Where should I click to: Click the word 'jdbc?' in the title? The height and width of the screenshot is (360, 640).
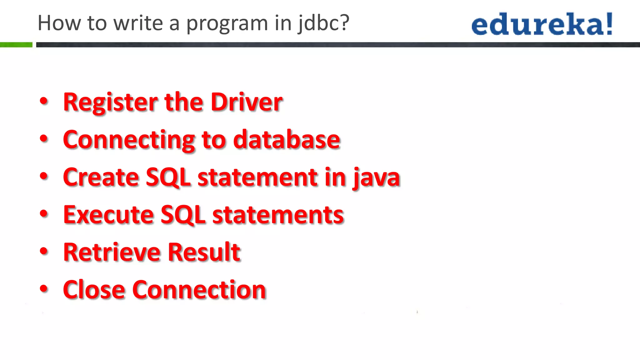(x=323, y=24)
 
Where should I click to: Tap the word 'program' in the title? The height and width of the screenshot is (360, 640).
(x=227, y=24)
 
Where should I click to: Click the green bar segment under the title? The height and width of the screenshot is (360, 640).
(x=16, y=45)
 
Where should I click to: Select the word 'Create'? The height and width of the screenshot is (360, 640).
(x=101, y=177)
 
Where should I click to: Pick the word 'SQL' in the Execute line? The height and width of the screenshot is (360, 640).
(x=183, y=215)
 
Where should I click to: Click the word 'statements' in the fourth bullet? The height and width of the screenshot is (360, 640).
(x=278, y=215)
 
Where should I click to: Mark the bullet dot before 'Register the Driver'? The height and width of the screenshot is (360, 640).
(x=44, y=101)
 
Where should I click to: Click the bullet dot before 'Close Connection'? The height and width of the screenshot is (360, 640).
(x=44, y=289)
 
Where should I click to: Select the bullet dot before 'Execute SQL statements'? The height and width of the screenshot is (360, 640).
(x=44, y=214)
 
